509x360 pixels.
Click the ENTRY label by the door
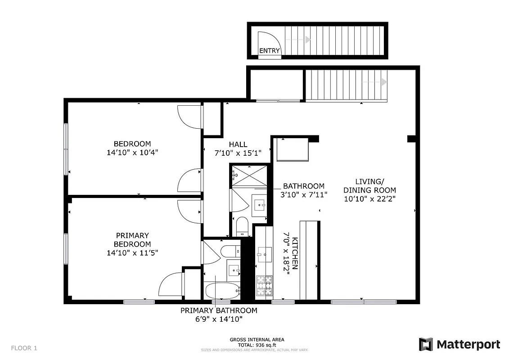[x=270, y=51]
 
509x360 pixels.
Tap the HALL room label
[x=238, y=144]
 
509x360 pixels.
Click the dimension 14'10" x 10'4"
[x=132, y=153]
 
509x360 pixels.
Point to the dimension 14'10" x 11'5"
[x=132, y=253]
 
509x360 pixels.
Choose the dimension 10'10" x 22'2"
[x=369, y=198]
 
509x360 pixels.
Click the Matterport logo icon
[x=426, y=345]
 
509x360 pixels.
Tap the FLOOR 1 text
[x=24, y=348]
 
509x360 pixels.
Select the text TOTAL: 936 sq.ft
[x=257, y=344]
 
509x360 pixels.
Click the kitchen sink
[x=264, y=255]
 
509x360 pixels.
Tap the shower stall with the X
[x=249, y=175]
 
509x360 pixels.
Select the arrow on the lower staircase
[x=383, y=82]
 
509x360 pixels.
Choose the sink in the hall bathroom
[x=260, y=206]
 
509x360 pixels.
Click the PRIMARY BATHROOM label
[x=219, y=310]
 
